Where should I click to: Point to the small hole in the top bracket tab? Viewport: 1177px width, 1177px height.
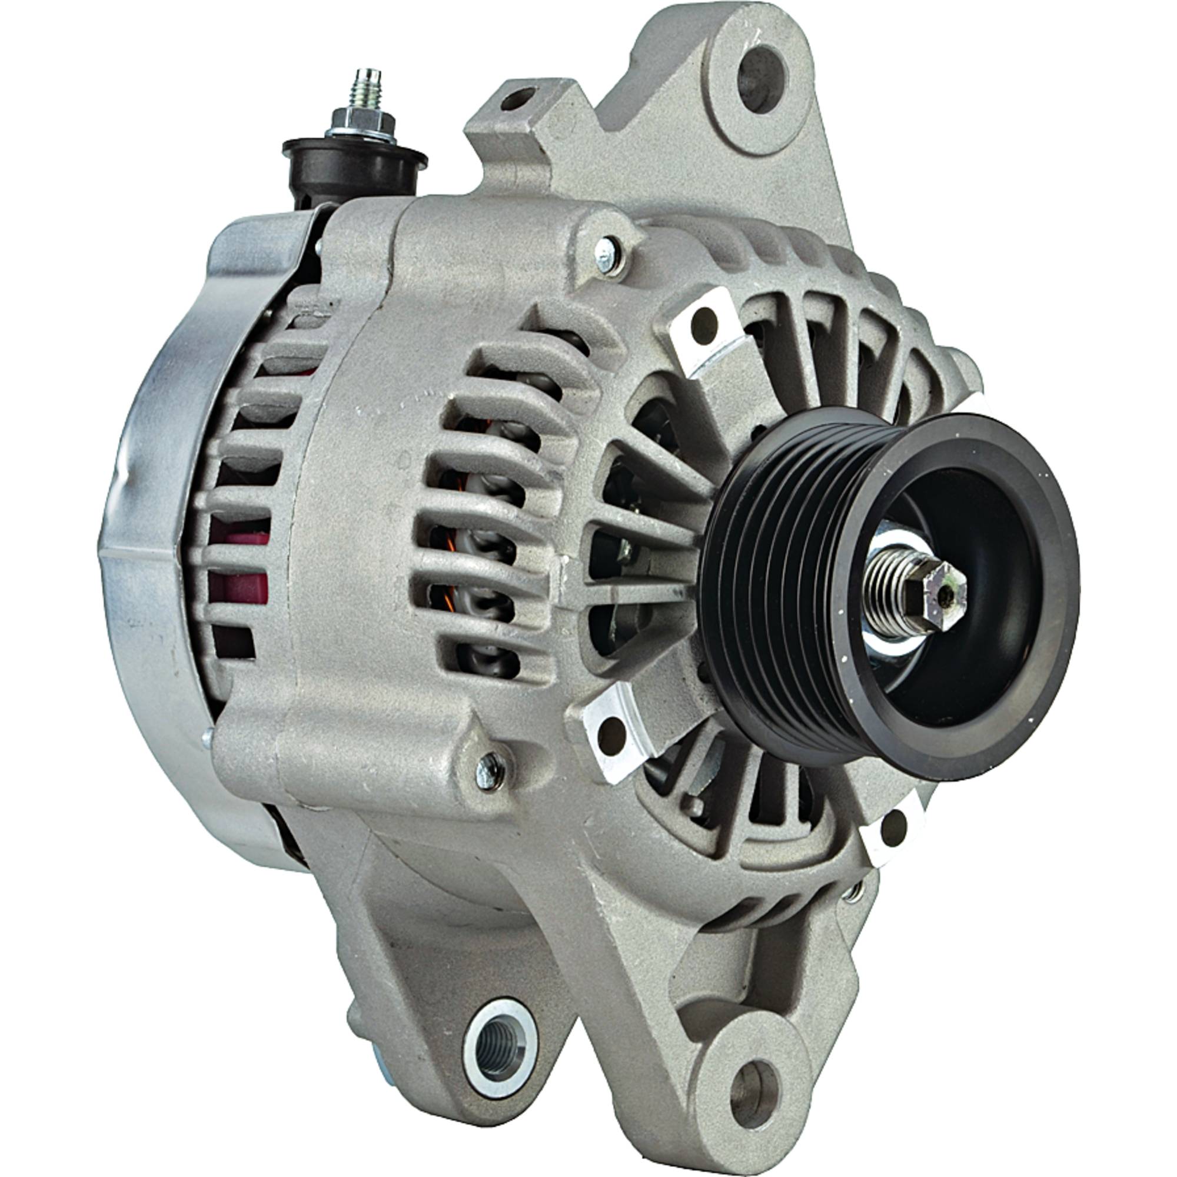pos(518,98)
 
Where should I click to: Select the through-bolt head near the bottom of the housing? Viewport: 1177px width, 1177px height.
pos(490,772)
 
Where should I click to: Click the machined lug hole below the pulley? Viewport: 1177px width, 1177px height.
pos(895,829)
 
